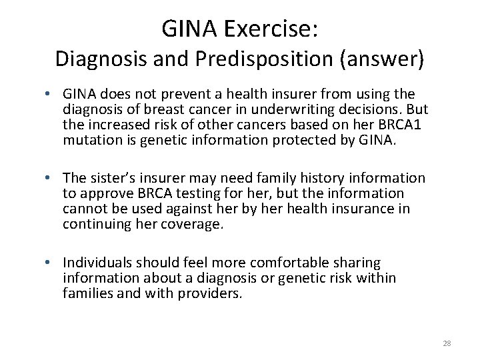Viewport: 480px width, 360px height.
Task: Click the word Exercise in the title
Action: pos(267,29)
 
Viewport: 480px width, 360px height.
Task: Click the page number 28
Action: pos(447,343)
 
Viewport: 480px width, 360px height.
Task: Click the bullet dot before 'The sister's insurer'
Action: pos(50,178)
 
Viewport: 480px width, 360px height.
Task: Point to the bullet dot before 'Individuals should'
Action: pos(50,263)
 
